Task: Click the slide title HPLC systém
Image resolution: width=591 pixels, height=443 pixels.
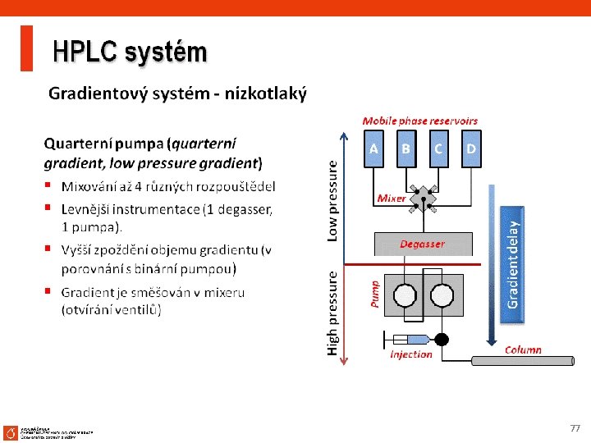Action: pos(130,53)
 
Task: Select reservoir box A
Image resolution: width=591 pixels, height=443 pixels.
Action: pos(373,149)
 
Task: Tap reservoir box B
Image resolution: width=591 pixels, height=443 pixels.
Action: pos(406,149)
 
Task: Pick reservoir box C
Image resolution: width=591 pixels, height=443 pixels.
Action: pos(438,149)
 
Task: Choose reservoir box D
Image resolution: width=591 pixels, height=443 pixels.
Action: pos(471,149)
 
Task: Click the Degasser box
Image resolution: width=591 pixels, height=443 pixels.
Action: pos(423,244)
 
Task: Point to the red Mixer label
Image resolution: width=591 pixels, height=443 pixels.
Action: pos(391,199)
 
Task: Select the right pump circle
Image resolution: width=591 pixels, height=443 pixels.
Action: pos(442,295)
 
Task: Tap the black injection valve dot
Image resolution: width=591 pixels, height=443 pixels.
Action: pos(442,339)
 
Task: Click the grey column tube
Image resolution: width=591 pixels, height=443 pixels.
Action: pos(522,360)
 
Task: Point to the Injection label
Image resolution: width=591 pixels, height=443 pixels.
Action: pos(410,354)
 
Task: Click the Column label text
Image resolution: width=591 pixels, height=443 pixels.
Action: pos(523,349)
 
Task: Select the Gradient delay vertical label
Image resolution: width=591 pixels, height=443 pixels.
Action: pos(513,263)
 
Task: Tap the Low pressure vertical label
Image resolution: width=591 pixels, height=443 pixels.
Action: pos(332,199)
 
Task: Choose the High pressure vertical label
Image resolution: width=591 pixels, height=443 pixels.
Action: pos(332,313)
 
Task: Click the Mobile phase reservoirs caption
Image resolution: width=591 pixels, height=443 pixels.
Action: pos(419,121)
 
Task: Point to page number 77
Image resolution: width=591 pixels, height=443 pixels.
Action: pos(575,428)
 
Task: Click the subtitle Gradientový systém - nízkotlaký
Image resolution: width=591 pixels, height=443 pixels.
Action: pos(177,94)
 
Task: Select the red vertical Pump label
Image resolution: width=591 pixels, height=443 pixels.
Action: pos(376,294)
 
